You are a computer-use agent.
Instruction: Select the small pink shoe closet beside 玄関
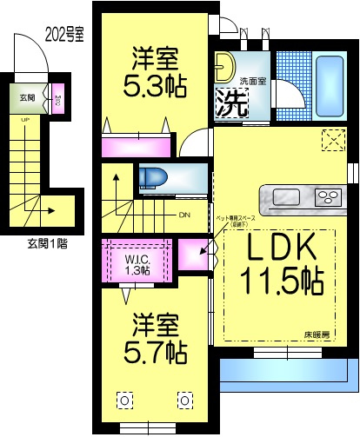tap(56, 98)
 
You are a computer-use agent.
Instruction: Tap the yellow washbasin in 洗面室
tap(224, 68)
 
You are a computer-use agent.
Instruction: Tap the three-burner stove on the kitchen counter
tap(328, 194)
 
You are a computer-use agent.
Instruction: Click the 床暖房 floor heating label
tap(323, 333)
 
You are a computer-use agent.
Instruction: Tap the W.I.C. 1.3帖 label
tap(136, 264)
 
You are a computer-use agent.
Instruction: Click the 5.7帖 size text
tap(156, 352)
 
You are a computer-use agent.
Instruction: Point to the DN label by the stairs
tap(183, 215)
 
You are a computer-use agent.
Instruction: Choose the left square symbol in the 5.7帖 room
tap(124, 400)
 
